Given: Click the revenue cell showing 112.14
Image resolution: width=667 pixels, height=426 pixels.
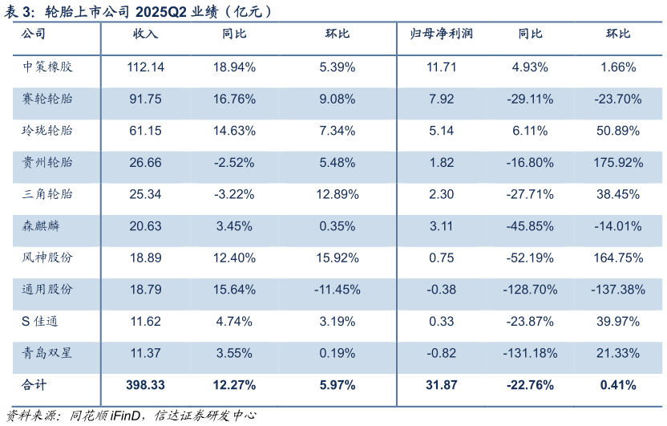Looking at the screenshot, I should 145,67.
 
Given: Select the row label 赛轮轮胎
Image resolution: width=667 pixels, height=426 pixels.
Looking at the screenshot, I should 47,99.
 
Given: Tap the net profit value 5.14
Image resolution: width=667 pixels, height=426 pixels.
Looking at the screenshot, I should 442,131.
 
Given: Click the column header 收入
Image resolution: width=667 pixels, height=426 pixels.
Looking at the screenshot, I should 145,34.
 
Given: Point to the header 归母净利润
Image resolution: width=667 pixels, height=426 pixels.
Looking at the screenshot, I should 442,34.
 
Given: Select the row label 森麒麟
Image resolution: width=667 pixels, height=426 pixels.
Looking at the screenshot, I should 42,226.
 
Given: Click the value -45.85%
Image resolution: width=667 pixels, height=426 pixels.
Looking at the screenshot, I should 530,226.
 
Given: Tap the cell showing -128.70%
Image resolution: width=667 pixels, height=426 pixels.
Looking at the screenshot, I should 530,290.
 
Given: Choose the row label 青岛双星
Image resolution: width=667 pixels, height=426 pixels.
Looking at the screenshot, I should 47,353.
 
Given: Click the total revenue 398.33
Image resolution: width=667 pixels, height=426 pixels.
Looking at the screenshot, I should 145,385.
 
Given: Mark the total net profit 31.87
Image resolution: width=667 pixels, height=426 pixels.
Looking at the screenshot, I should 442,385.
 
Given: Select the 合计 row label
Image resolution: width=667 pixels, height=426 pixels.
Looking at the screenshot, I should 35,385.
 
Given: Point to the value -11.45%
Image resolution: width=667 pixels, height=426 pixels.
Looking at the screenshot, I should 337,290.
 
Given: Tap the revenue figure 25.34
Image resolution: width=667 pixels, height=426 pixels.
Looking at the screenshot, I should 145,194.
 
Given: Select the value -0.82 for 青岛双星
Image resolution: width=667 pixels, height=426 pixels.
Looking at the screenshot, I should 442,353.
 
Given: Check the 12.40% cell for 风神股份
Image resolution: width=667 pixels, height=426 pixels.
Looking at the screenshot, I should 236,258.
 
